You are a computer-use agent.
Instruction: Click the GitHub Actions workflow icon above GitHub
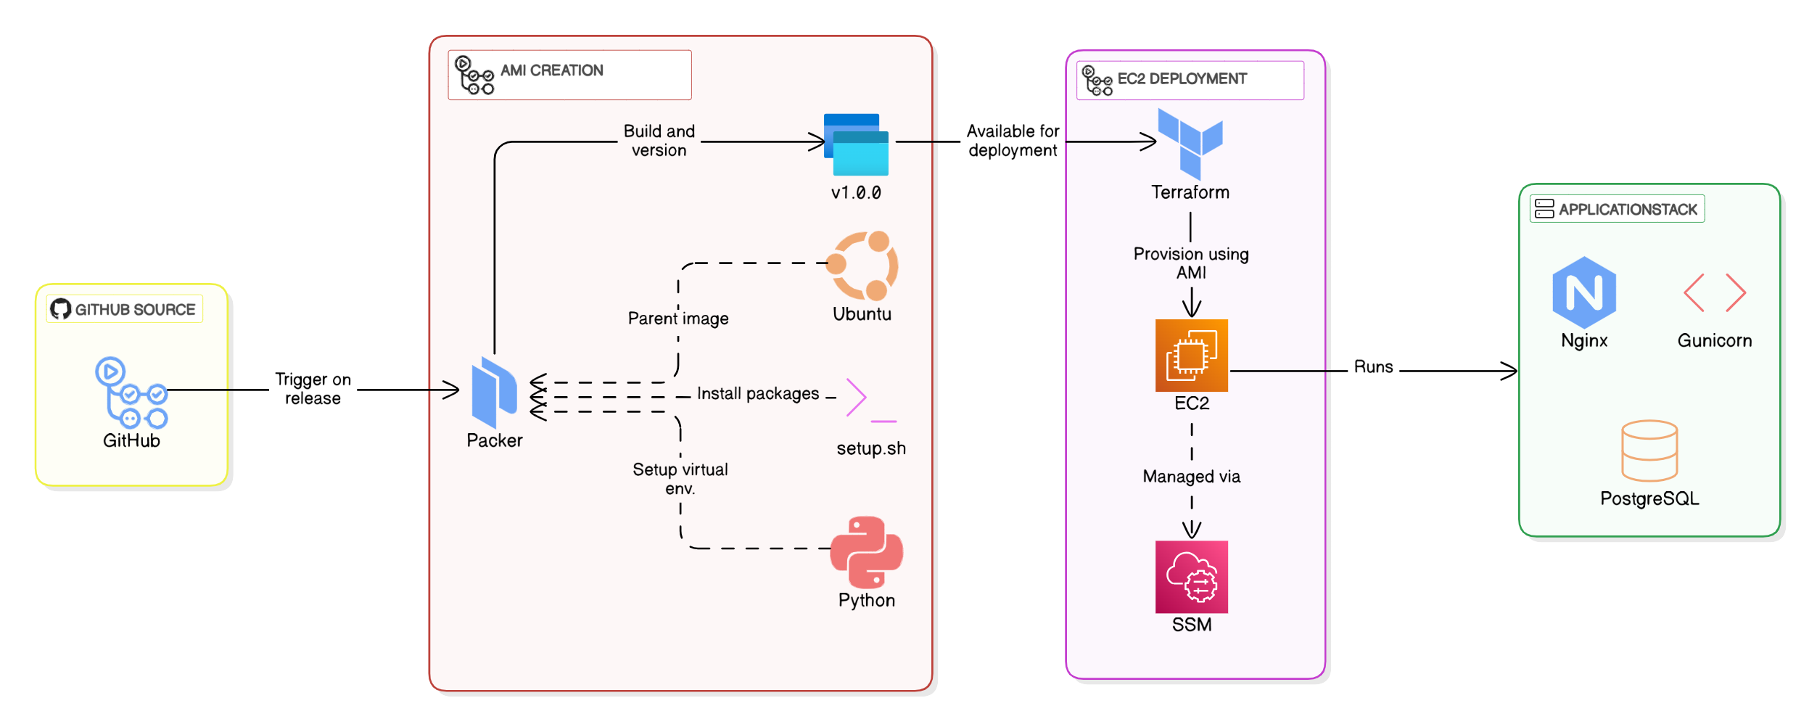click(131, 392)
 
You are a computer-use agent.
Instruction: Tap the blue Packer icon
click(494, 392)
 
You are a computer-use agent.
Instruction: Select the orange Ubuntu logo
click(863, 266)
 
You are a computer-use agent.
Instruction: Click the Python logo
click(867, 552)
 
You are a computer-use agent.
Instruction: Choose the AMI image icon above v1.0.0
click(857, 144)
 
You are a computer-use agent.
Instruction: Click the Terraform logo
click(1190, 144)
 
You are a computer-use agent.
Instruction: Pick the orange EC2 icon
click(1192, 356)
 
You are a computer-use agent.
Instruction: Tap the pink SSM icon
click(1192, 577)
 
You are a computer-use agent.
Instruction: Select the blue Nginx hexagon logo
click(1584, 292)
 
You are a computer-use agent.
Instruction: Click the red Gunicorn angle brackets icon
click(1715, 292)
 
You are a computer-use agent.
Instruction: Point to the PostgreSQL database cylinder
click(1649, 451)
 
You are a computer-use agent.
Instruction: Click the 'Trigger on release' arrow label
click(313, 389)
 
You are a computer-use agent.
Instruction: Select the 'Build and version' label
click(659, 141)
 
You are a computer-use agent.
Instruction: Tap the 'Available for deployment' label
click(1013, 141)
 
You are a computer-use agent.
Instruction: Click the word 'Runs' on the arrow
click(1374, 367)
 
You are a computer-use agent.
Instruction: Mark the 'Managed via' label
click(1192, 477)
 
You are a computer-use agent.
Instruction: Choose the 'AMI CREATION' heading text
click(552, 70)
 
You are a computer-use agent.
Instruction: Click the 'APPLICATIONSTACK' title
click(1628, 210)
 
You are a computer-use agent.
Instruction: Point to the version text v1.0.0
click(857, 193)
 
